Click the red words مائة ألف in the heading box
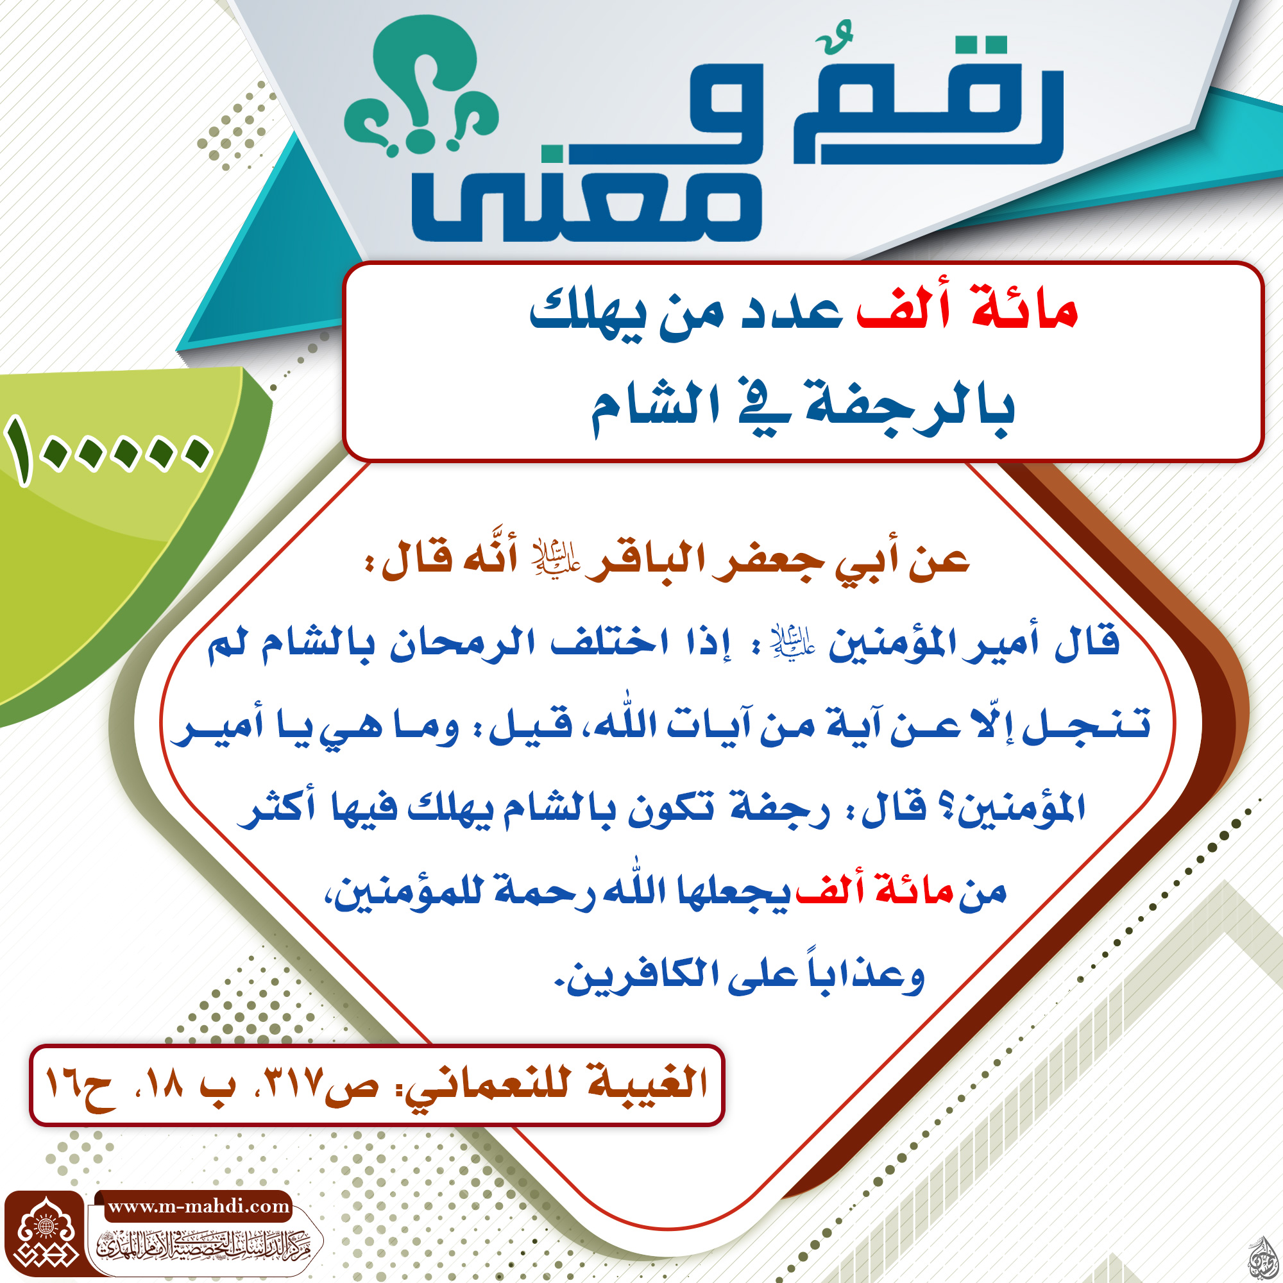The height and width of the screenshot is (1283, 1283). click(x=967, y=309)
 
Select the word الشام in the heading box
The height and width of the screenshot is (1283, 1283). click(x=655, y=404)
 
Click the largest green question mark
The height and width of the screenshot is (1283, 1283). click(x=425, y=80)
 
